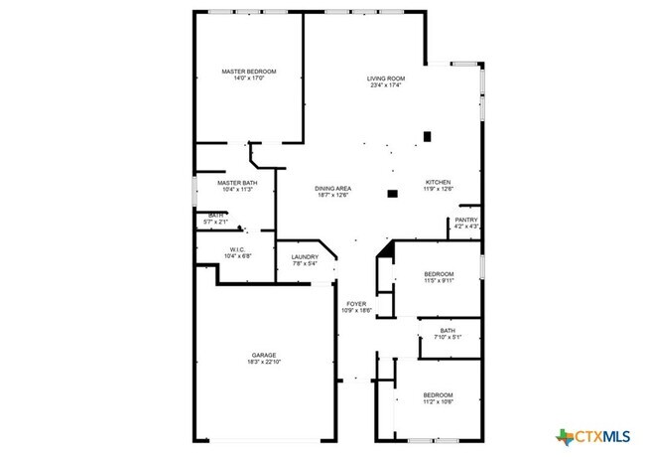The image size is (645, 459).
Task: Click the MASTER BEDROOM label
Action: [x=248, y=72]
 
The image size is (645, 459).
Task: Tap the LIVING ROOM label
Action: [x=386, y=77]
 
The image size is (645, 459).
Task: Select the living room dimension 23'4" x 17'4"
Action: [x=386, y=85]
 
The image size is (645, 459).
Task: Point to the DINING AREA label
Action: [x=332, y=188]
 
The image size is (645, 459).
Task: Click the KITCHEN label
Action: [x=439, y=182]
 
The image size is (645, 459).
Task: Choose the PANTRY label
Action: [x=466, y=220]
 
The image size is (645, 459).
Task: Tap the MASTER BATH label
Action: [x=238, y=182]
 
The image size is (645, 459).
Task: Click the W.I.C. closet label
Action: [x=238, y=249]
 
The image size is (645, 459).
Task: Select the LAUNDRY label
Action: [x=305, y=257]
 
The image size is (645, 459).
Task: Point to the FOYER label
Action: [x=357, y=304]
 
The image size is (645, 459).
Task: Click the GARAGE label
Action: [x=263, y=355]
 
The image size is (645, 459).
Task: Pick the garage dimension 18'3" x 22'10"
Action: [x=263, y=363]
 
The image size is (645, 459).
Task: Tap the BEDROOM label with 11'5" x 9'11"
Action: [x=439, y=273]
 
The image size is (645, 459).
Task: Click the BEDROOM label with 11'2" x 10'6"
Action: [x=439, y=394]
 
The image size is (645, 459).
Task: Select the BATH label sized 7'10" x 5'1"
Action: [x=448, y=331]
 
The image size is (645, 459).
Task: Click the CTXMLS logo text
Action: [x=603, y=436]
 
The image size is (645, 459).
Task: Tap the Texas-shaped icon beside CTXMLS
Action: [x=566, y=436]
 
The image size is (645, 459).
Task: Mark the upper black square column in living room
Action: [x=428, y=136]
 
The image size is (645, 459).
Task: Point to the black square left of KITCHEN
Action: [x=393, y=192]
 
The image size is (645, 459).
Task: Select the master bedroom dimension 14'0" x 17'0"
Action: [x=248, y=79]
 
